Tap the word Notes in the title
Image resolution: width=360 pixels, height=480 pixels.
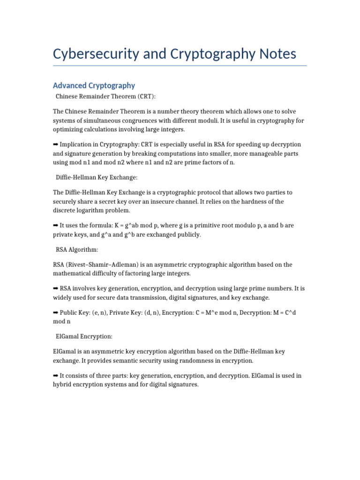pos(276,54)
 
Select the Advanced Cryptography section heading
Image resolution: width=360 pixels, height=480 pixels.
pos(94,85)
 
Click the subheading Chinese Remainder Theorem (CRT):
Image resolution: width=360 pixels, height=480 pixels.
pos(105,97)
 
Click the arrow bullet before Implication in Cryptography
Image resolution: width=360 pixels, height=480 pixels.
pos(56,144)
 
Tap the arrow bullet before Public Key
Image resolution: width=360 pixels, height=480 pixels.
pos(56,312)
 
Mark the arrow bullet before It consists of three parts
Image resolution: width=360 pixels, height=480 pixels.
pos(56,375)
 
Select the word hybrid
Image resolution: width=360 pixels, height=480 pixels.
pos(62,384)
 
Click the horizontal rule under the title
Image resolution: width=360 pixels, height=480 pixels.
pos(180,66)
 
